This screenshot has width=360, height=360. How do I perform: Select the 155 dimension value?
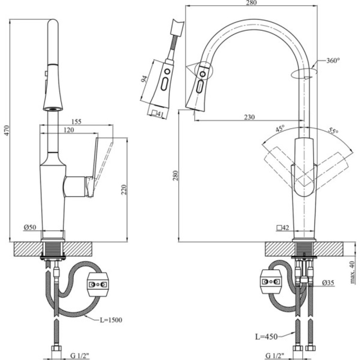pos(76,122)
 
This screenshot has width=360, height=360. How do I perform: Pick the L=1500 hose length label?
pos(111,320)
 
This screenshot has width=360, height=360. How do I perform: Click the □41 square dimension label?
pos(157,113)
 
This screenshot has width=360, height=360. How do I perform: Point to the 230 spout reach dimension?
pos(249,117)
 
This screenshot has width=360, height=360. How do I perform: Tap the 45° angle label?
pos(280,128)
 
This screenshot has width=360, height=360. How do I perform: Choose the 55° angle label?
pos(333,131)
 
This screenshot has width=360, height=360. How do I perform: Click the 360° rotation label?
pos(333,60)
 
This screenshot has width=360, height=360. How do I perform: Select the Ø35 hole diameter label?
pos(328,283)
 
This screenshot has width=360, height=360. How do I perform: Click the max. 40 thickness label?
pos(353,273)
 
